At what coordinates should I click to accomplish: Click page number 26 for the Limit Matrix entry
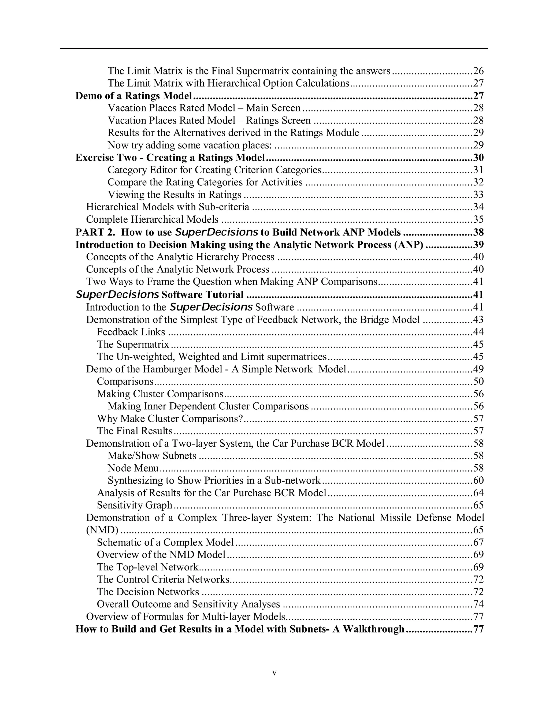click(478, 71)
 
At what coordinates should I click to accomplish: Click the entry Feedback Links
click(131, 332)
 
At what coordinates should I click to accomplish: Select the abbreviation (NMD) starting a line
click(102, 530)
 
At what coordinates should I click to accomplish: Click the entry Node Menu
click(133, 468)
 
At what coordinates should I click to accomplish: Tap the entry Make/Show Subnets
click(152, 456)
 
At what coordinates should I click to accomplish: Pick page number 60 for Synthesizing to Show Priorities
click(478, 480)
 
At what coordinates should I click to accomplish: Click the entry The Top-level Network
click(148, 567)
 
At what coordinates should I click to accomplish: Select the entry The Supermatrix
click(133, 344)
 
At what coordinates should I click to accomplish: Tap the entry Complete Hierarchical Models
click(152, 219)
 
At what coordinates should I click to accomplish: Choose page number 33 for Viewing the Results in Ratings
click(478, 195)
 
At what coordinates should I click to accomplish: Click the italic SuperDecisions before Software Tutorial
click(117, 294)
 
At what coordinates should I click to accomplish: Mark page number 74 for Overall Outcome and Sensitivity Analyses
click(478, 604)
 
